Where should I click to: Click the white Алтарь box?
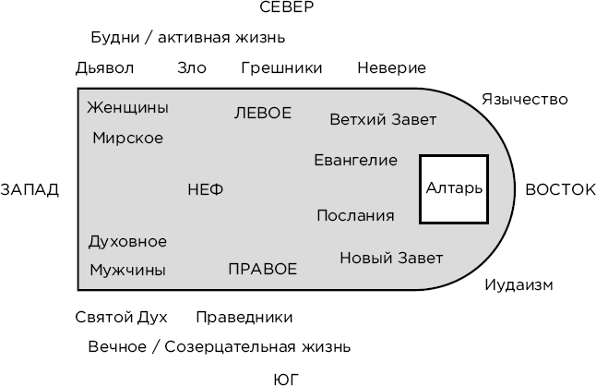[x=454, y=188]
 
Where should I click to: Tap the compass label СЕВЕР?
[x=286, y=8]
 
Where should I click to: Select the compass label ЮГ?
[x=287, y=379]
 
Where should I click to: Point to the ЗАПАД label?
[x=30, y=190]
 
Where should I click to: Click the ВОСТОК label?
[x=560, y=189]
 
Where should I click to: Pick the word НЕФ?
[x=205, y=190]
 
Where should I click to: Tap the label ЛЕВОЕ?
[x=263, y=114]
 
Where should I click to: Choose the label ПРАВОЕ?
[x=263, y=270]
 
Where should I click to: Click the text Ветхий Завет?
[x=383, y=120]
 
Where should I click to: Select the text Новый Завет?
[x=391, y=258]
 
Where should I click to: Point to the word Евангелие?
[x=356, y=161]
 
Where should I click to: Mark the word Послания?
[x=355, y=216]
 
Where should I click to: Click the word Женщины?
[x=127, y=108]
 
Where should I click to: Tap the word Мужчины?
[x=127, y=271]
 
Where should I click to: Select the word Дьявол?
[x=105, y=68]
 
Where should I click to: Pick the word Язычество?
[x=524, y=100]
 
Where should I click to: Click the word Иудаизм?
[x=519, y=285]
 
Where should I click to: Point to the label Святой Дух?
[x=121, y=318]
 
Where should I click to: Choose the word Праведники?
[x=244, y=318]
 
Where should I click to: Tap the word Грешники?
[x=281, y=68]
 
